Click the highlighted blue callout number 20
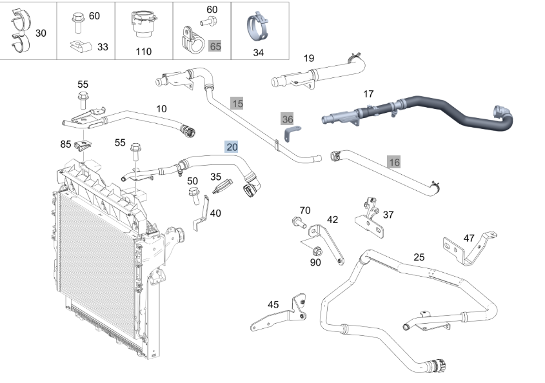click(x=232, y=147)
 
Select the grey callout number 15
click(x=237, y=104)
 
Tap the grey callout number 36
click(x=288, y=119)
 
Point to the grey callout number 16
click(x=394, y=162)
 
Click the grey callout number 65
click(x=215, y=46)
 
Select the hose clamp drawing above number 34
click(x=258, y=28)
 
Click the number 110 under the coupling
click(x=144, y=52)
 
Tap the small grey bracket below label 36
click(x=292, y=133)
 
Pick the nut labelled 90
click(x=316, y=251)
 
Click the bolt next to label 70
click(x=299, y=222)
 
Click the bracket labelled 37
click(x=370, y=219)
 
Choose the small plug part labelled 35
click(x=221, y=186)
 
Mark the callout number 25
click(x=419, y=257)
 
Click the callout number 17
click(x=368, y=94)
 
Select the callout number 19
click(x=309, y=58)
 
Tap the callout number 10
click(x=161, y=109)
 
